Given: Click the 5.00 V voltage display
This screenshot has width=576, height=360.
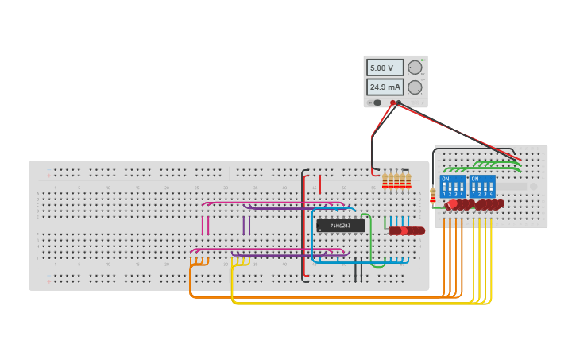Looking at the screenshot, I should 385,68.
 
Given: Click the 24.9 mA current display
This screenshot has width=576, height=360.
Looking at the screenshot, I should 385,87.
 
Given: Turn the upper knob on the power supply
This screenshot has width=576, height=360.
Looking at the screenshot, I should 415,68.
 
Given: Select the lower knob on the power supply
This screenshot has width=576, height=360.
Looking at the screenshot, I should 415,87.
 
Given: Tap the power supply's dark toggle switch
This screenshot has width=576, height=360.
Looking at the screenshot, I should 377,103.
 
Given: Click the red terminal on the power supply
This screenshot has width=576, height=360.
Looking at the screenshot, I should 392,103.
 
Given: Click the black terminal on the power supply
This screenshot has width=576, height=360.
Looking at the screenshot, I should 400,103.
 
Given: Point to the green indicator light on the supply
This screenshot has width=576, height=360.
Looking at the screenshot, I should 423,60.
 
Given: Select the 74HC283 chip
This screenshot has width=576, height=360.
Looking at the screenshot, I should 341,226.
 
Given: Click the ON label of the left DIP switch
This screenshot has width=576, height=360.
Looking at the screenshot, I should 445,179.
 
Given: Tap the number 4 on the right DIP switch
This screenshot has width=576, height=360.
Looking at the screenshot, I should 491,194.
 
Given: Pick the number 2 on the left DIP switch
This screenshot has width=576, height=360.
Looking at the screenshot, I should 450,194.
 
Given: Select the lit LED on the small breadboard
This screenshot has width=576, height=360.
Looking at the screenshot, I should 453,204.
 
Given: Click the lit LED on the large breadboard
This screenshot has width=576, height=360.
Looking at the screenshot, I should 404,231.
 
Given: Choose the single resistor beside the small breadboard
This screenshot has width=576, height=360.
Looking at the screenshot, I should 432,195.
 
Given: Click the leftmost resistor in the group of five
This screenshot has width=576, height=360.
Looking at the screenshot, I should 385,181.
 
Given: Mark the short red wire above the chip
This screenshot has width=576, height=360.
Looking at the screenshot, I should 320,184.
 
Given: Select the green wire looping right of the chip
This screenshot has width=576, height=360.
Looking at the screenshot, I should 370,238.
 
